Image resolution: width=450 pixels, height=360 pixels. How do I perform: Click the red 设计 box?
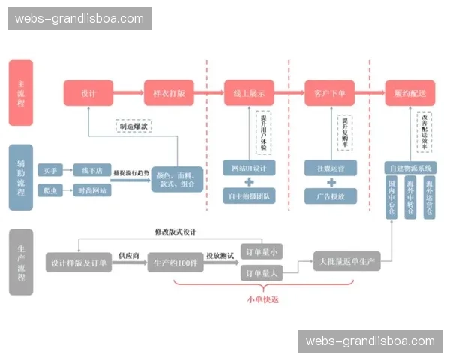point(88,94)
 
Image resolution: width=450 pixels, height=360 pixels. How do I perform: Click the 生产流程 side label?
point(21,262)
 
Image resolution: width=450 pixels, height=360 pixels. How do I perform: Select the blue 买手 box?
point(51,170)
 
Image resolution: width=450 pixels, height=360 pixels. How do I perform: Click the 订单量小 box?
point(259,251)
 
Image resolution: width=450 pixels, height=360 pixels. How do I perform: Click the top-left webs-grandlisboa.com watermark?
point(79,18)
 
